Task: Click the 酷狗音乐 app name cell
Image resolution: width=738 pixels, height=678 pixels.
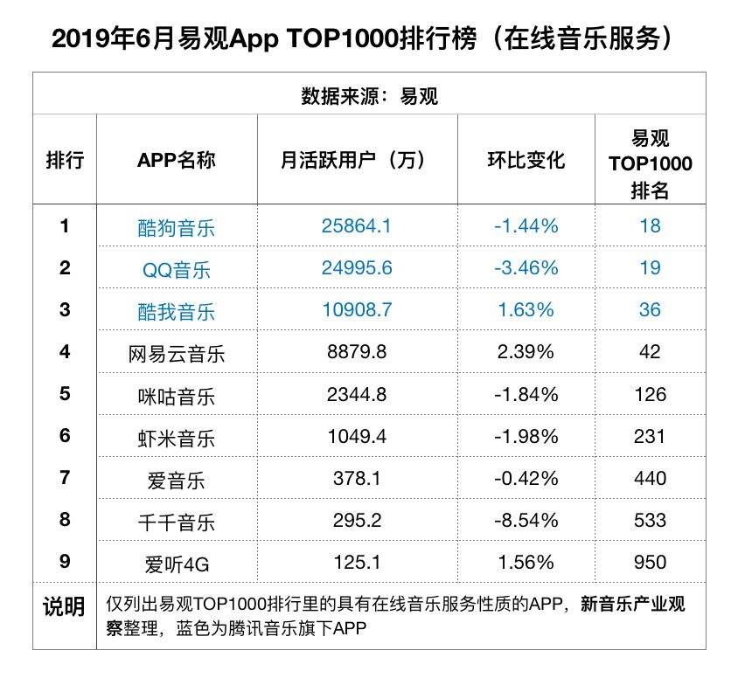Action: [176, 228]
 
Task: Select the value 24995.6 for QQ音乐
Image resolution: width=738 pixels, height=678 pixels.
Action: [357, 268]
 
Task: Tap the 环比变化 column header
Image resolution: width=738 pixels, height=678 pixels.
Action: [526, 161]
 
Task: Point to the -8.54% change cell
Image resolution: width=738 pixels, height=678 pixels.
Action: [526, 521]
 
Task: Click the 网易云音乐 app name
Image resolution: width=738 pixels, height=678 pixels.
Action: [176, 354]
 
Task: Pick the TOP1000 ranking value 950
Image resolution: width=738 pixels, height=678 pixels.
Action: [650, 563]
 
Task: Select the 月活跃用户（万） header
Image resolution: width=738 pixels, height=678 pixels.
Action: [357, 161]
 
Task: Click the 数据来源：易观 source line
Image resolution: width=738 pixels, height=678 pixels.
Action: [369, 96]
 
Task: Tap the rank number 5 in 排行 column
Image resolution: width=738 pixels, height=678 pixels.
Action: [65, 394]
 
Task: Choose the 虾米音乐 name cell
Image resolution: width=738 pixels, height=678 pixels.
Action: [176, 437]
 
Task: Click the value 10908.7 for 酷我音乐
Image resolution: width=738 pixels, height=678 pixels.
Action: [357, 310]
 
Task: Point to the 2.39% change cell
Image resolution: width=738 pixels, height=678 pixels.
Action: [526, 352]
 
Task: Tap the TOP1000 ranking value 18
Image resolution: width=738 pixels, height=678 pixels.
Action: [650, 226]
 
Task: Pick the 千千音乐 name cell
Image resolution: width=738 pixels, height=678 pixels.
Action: [176, 522]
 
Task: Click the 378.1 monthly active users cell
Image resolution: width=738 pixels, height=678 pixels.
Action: [357, 479]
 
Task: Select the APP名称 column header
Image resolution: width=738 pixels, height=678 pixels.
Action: [176, 161]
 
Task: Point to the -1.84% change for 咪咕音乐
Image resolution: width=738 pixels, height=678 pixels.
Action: [526, 394]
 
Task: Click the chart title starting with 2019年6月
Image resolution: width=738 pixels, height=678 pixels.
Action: [367, 39]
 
